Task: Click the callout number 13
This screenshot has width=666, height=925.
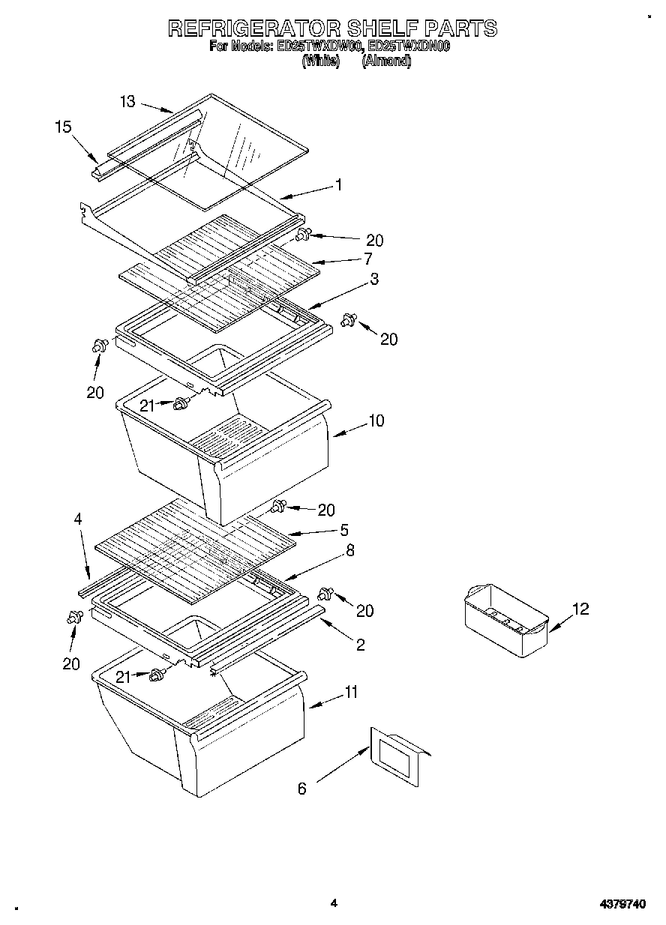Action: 127,101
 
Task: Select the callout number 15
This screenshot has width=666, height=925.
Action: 63,127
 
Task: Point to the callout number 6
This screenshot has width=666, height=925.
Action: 302,788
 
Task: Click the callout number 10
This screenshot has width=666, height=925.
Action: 375,421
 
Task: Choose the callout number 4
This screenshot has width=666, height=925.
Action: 78,519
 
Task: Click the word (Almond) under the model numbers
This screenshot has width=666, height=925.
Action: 386,63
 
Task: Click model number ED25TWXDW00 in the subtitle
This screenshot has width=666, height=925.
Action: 319,46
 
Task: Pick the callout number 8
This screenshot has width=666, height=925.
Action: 350,550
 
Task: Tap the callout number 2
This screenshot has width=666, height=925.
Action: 361,645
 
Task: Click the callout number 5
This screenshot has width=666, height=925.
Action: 343,530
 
